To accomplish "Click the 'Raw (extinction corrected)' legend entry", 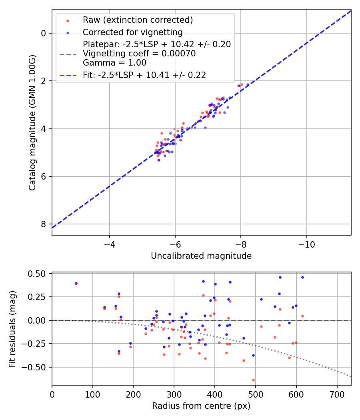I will click(x=138, y=20).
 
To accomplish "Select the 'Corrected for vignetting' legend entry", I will click(x=132, y=32).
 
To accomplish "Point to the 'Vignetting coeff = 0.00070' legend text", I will click(x=139, y=54).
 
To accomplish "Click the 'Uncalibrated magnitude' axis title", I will click(x=201, y=256).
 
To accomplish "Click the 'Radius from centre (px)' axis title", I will click(x=201, y=406).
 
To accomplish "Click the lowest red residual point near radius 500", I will click(x=253, y=380).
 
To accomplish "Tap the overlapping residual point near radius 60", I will click(x=76, y=284).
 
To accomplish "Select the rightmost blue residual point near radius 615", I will click(x=302, y=277).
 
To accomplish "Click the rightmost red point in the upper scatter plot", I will click(x=242, y=84).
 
